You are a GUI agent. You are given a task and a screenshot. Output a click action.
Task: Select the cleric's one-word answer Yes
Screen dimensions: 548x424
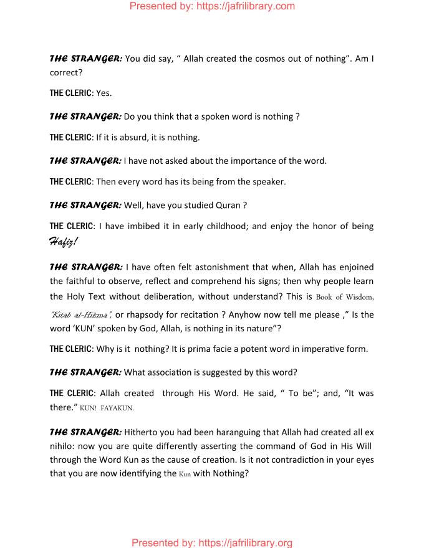coord(104,93)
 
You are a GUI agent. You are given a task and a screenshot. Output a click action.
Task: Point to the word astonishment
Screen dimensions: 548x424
coord(206,267)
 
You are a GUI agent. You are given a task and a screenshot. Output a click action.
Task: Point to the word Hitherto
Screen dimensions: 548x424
coord(141,432)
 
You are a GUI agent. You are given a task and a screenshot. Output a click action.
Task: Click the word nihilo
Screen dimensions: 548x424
coord(61,446)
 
